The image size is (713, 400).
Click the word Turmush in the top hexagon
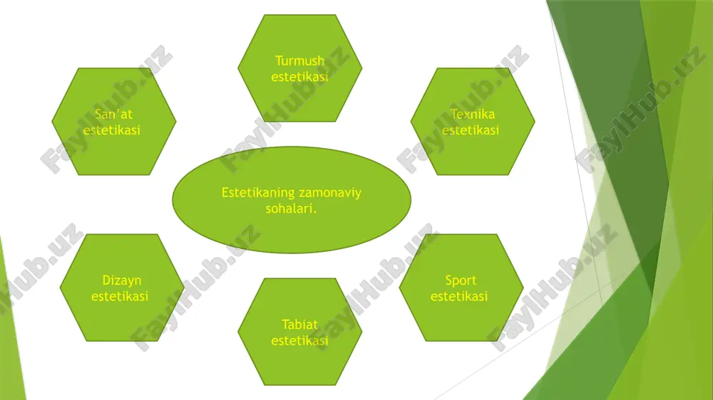point(299,60)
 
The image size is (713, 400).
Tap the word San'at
point(113,114)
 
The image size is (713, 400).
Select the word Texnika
point(473,114)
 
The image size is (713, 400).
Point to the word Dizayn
point(121,281)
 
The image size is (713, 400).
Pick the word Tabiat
point(299,325)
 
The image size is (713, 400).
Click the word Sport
point(461,281)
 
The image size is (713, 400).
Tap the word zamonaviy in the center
point(330,193)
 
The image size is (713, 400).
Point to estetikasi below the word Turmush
point(299,76)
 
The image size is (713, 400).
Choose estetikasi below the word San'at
point(112,130)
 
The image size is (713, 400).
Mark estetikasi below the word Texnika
point(471,130)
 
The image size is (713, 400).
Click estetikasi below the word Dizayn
point(120,296)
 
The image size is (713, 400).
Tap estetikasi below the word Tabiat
point(299,340)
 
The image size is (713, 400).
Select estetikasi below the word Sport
point(458,296)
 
